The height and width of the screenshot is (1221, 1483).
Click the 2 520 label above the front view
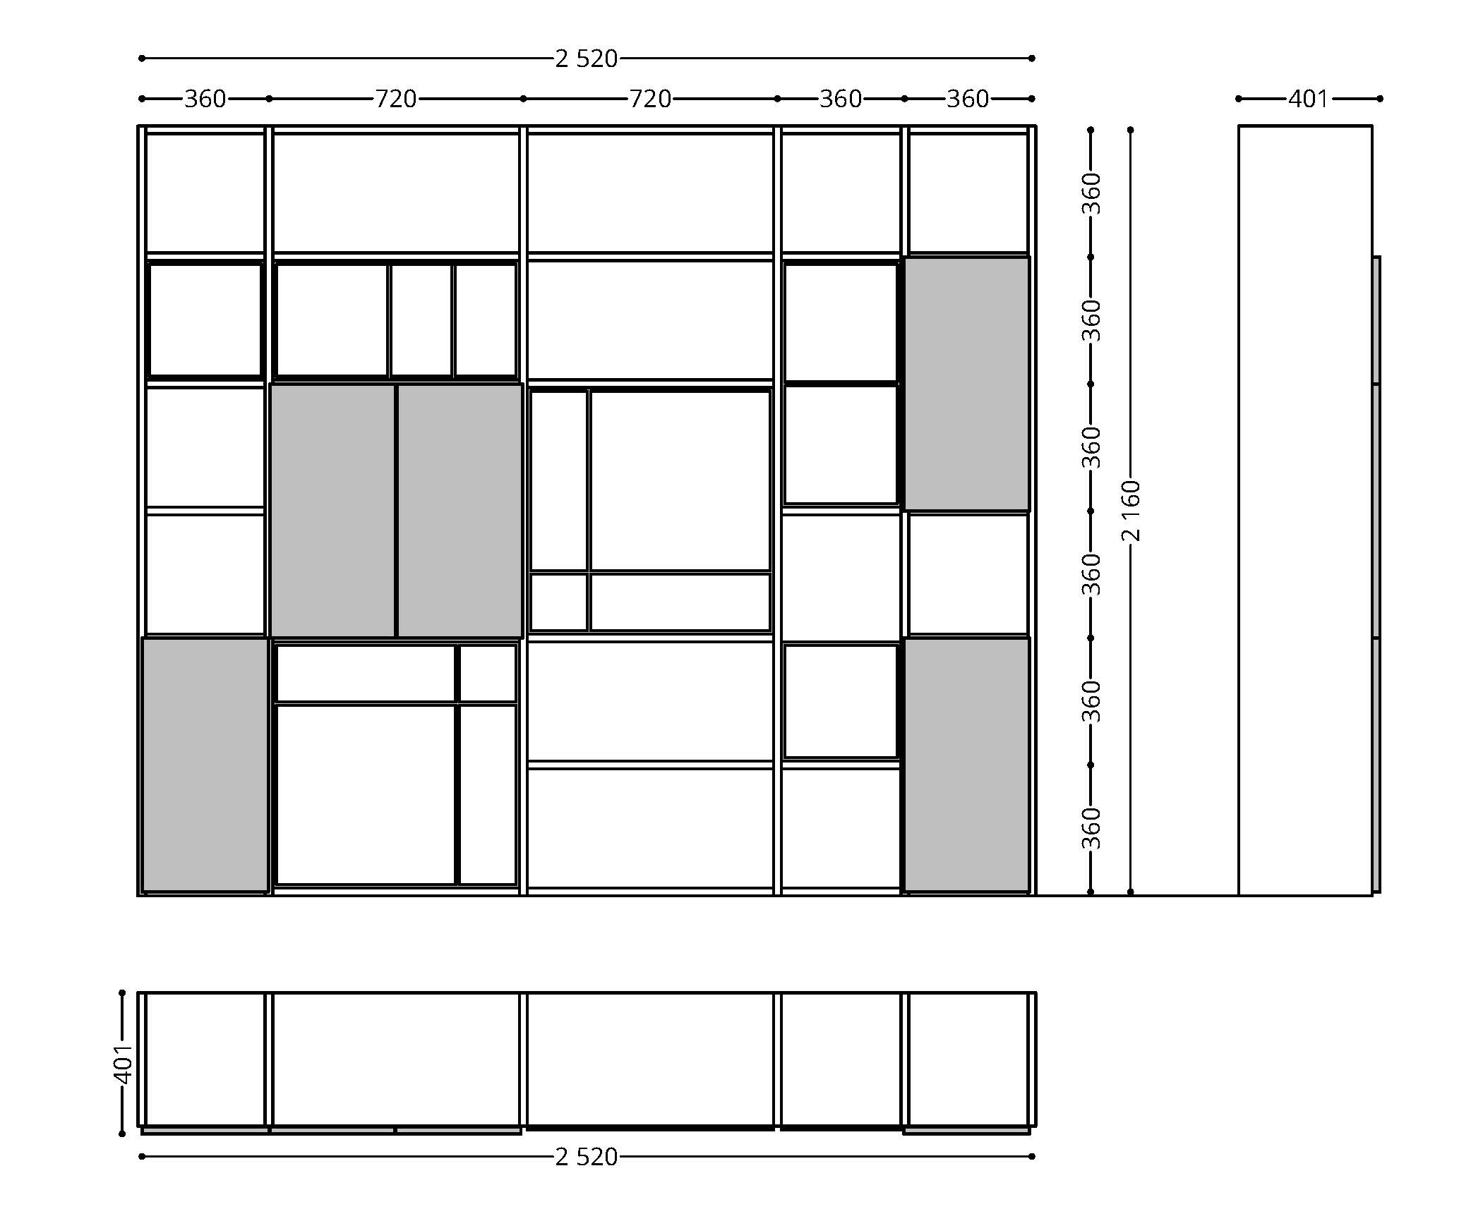[586, 59]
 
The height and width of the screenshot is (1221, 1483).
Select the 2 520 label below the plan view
[586, 1158]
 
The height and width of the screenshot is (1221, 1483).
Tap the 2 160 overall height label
[1131, 511]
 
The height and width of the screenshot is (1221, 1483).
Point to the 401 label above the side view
[1309, 99]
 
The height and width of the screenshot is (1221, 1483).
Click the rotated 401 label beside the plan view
[123, 1064]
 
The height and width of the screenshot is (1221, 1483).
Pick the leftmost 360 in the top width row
[205, 99]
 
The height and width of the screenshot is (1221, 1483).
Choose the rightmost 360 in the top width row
[967, 99]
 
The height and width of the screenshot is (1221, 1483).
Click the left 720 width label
[395, 99]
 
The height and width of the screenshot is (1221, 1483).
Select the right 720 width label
[649, 99]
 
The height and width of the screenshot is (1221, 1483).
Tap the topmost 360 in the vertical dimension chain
[1091, 193]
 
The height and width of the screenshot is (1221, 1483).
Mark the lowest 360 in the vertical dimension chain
[1091, 829]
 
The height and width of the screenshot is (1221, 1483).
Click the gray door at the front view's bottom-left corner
[205, 765]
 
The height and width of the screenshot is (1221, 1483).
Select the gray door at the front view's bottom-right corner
[967, 765]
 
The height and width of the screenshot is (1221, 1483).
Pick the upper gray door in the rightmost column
[967, 384]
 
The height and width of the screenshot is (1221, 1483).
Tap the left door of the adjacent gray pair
[332, 511]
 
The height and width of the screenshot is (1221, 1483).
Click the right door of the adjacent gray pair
[460, 511]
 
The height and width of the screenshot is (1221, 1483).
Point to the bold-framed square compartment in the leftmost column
[205, 320]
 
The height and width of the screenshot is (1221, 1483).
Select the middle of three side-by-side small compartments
[421, 320]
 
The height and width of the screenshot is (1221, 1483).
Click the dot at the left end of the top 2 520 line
[142, 59]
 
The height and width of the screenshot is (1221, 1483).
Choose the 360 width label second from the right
[840, 99]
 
